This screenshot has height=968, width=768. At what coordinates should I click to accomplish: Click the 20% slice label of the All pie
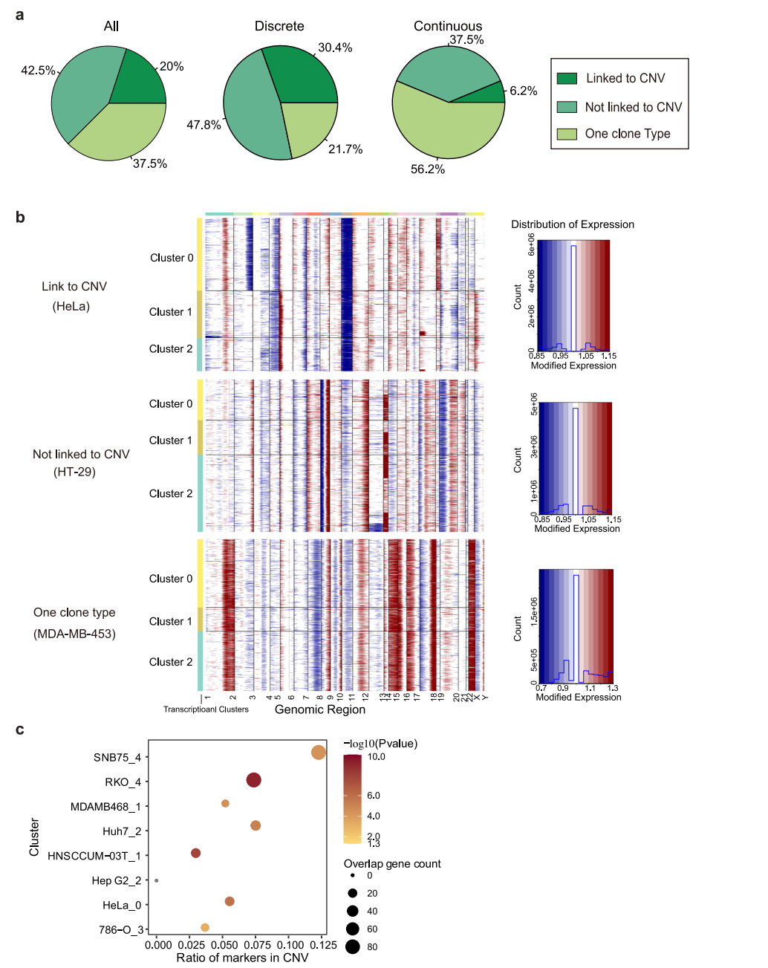(x=172, y=67)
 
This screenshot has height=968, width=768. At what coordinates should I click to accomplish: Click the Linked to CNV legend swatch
(x=567, y=79)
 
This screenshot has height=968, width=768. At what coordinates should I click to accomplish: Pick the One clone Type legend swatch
(x=567, y=134)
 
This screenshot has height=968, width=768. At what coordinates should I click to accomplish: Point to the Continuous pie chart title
(x=448, y=26)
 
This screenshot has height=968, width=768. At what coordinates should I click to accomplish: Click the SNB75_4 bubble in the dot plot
(x=319, y=753)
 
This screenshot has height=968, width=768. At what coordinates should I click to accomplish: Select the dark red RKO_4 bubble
(x=253, y=780)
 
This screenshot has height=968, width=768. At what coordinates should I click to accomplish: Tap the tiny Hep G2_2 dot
(x=156, y=880)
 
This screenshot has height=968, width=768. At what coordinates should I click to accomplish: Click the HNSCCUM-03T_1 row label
(x=94, y=856)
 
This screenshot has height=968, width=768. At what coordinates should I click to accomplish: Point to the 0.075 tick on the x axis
(x=257, y=945)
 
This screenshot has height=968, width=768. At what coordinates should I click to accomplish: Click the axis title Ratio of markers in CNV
(x=242, y=958)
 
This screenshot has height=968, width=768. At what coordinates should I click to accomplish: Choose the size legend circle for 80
(x=352, y=946)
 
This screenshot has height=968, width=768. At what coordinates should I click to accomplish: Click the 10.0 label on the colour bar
(x=377, y=757)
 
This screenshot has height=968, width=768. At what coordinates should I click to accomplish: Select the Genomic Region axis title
(x=320, y=709)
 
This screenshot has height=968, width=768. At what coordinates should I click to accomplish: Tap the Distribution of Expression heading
(x=573, y=224)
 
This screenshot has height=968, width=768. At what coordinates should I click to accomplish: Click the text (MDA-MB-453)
(x=74, y=634)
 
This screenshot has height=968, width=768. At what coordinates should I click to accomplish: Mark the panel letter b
(x=20, y=217)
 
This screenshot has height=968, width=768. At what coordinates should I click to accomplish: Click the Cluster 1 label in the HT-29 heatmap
(x=171, y=441)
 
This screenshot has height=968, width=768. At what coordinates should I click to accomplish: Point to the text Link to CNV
(x=74, y=287)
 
